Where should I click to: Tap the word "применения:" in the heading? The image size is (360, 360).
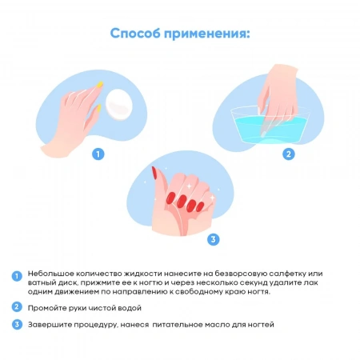tap(210, 34)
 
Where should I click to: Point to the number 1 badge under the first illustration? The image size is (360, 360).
tap(98, 154)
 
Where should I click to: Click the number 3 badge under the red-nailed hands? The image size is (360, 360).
tap(212, 238)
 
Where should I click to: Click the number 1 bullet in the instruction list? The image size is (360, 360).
tap(16, 275)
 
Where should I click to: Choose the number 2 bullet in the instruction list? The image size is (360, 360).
tap(16, 306)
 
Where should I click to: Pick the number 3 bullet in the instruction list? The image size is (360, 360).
tap(16, 324)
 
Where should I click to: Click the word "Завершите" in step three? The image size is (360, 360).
tap(49, 324)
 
